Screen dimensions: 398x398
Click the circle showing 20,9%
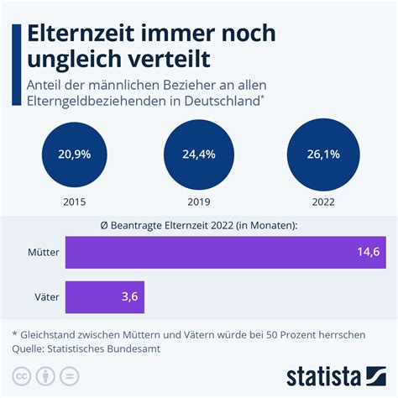73,154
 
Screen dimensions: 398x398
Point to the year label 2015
73,202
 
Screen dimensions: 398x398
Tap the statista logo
336,374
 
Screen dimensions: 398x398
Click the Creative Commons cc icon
20,374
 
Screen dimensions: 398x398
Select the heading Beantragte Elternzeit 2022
198,225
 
